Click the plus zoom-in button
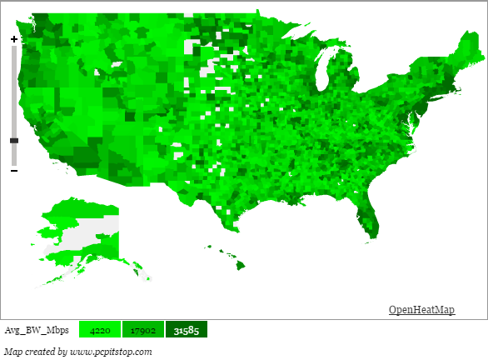click(13, 38)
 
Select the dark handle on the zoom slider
click(13, 141)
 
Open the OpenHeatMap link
click(421, 310)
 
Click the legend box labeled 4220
click(100, 331)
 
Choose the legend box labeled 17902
click(143, 331)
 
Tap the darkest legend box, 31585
click(186, 331)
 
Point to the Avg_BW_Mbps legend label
click(37, 331)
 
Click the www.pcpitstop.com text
click(110, 352)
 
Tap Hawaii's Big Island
click(240, 265)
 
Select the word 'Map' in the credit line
click(12, 352)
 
